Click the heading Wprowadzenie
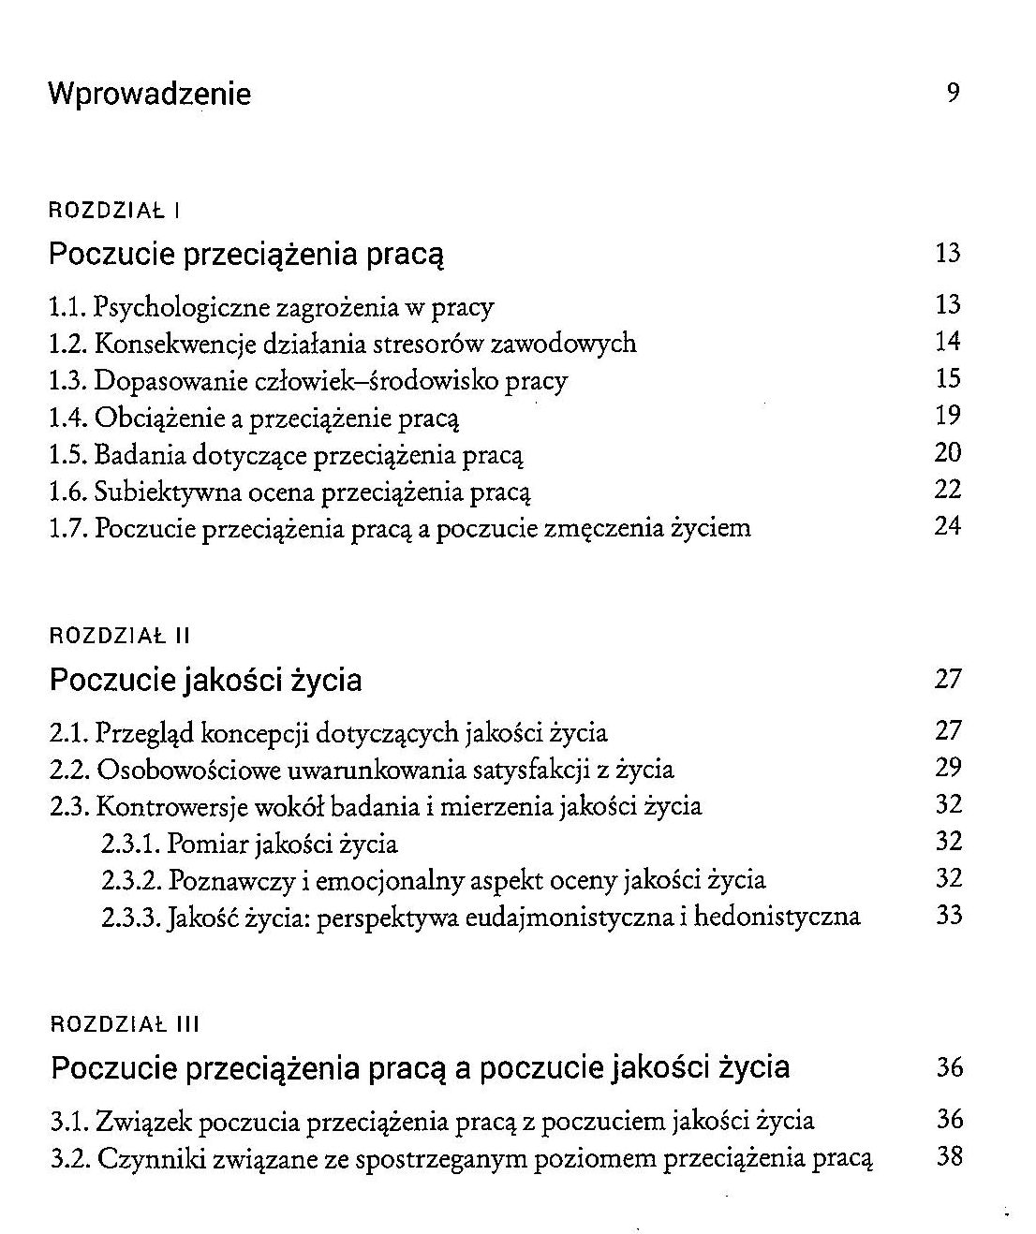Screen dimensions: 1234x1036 149,95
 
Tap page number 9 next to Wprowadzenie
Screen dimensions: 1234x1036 953,93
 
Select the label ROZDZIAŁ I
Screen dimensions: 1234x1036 113,210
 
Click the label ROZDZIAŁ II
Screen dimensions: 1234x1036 119,637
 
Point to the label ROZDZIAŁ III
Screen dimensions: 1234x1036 125,1024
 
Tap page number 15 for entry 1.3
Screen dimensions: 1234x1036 948,378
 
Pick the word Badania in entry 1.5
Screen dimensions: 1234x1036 140,455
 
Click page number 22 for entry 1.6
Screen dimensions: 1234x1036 948,489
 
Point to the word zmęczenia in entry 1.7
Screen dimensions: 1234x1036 605,529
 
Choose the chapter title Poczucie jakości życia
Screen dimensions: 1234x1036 205,680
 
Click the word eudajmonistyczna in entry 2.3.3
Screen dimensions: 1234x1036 579,917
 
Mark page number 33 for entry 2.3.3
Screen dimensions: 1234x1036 949,915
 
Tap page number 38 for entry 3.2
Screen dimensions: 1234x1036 949,1156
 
